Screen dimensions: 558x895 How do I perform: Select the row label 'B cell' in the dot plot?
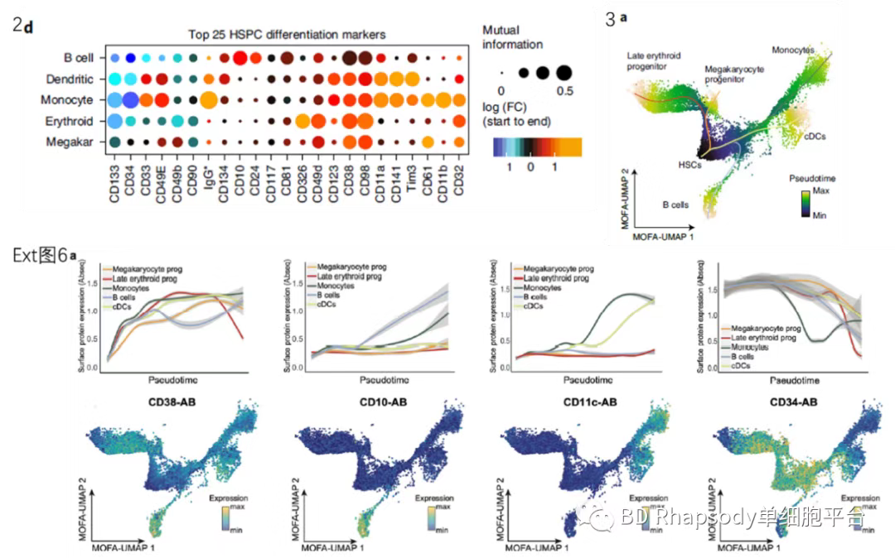pos(79,58)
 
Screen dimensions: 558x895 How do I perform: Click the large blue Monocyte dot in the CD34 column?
pos(130,100)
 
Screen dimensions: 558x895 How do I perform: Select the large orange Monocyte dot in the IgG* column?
pos(209,100)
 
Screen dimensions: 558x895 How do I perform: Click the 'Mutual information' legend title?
pos(512,37)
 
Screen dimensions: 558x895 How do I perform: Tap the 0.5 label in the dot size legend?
pos(564,89)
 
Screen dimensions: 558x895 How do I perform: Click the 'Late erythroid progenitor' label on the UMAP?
pos(654,60)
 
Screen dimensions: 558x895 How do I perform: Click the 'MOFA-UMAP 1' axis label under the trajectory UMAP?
pos(663,238)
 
